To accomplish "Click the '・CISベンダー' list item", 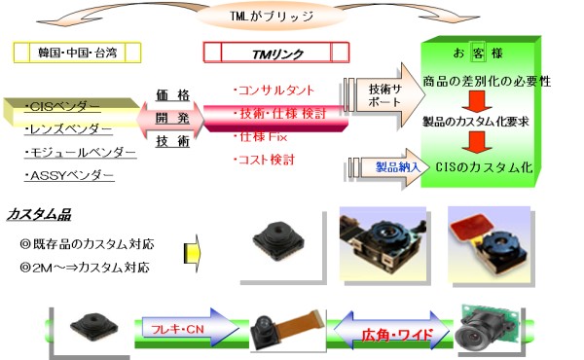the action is click(64, 104).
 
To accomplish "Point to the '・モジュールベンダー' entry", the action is click(80, 152).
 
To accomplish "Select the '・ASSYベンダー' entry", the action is click(69, 176).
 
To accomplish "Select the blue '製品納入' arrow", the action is click(388, 166).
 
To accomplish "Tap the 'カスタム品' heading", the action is click(39, 214).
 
